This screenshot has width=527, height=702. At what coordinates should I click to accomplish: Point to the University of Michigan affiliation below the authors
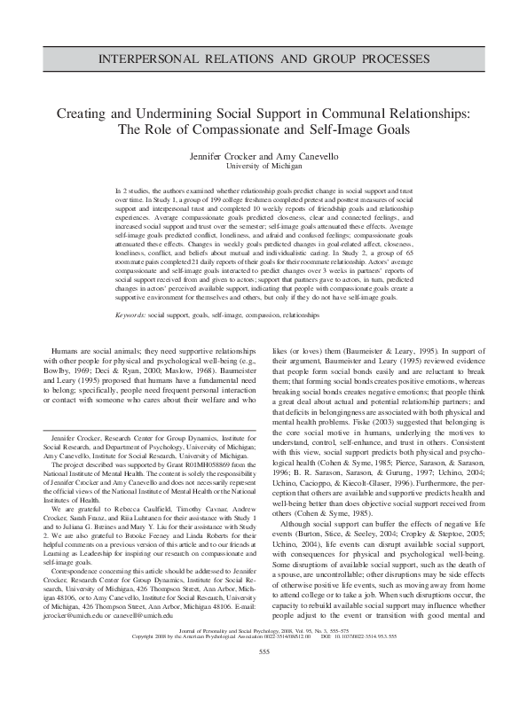pyautogui.click(x=263, y=166)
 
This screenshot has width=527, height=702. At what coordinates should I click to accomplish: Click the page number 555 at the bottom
pyautogui.click(x=263, y=677)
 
